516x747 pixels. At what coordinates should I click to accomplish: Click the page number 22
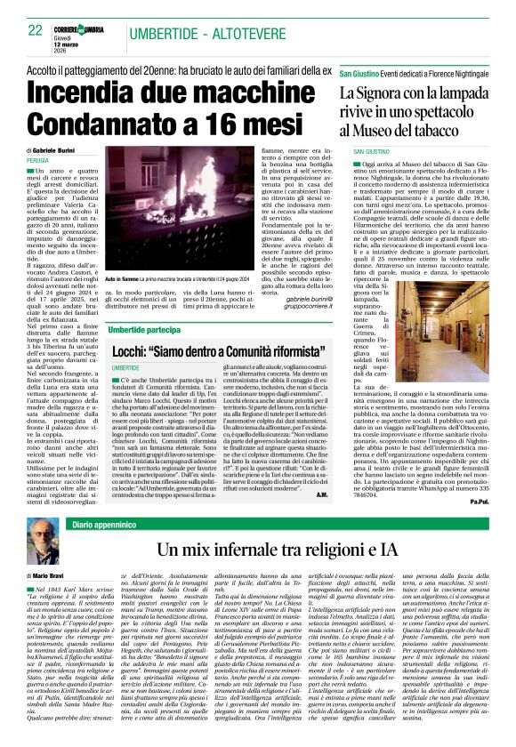[36, 31]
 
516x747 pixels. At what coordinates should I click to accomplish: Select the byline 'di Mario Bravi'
[50, 578]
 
